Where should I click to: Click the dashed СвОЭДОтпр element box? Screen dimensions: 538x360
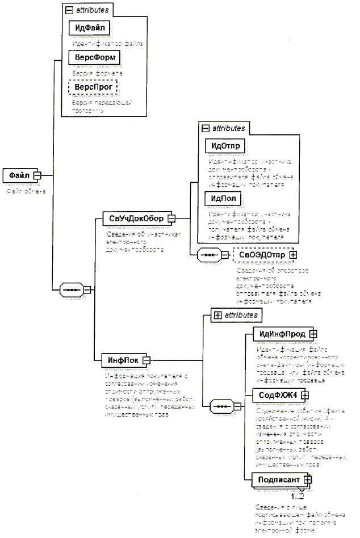click(x=261, y=255)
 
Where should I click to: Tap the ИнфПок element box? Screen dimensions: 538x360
click(x=121, y=359)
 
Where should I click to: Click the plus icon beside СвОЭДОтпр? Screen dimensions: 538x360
click(x=293, y=255)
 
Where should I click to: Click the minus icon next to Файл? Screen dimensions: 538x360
click(x=38, y=175)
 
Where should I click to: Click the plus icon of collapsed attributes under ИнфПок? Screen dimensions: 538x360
click(x=217, y=313)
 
